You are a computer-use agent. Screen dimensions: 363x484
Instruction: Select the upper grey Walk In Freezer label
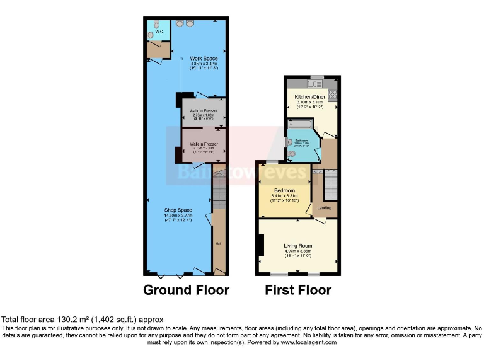click(200, 111)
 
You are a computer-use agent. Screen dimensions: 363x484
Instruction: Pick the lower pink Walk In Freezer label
click(200, 144)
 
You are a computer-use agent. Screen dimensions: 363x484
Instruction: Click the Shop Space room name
click(178, 210)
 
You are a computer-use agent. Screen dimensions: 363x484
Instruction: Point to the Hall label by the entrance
click(219, 243)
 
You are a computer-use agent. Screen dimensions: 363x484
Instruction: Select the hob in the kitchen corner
click(332, 95)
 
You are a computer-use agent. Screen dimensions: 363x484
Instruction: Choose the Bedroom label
click(284, 190)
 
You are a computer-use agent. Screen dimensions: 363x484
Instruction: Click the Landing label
click(325, 207)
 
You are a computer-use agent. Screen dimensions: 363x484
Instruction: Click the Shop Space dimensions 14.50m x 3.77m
click(178, 216)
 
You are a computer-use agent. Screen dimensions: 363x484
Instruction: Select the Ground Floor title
click(186, 291)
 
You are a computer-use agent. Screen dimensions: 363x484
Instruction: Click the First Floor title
click(297, 291)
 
